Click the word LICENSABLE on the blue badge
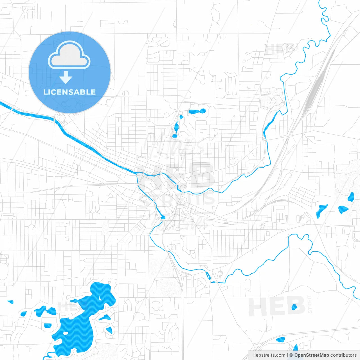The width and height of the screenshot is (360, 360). [x=69, y=92]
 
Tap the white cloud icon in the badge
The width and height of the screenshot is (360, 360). [x=69, y=55]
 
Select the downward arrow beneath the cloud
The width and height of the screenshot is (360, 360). [x=66, y=77]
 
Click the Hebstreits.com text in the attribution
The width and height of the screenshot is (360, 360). [x=269, y=355]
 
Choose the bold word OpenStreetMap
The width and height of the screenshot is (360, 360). [x=312, y=355]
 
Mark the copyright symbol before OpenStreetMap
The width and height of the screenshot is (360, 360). [x=291, y=355]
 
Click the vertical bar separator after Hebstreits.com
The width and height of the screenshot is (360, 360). [x=287, y=355]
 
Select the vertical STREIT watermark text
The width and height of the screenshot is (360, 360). [x=310, y=304]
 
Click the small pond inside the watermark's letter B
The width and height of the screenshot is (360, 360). [x=294, y=307]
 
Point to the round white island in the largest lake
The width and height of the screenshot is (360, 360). [x=66, y=333]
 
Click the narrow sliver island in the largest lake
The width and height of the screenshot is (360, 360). [x=100, y=297]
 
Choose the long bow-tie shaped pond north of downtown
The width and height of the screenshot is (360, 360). [x=197, y=111]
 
